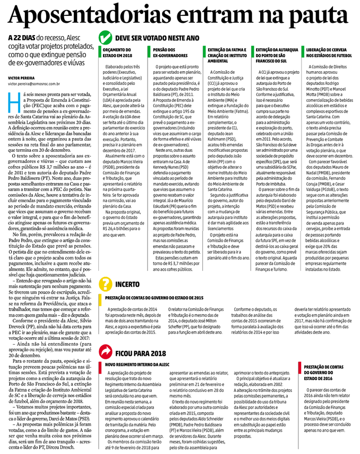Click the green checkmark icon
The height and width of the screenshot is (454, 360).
106,38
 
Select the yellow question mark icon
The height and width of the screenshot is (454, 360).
106,284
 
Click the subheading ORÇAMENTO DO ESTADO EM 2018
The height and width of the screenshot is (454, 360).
117,52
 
